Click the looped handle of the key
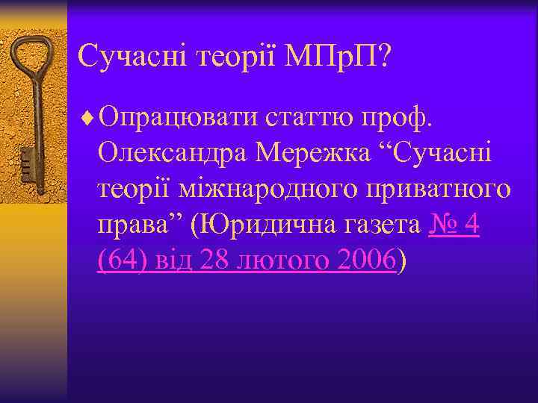(30, 63)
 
